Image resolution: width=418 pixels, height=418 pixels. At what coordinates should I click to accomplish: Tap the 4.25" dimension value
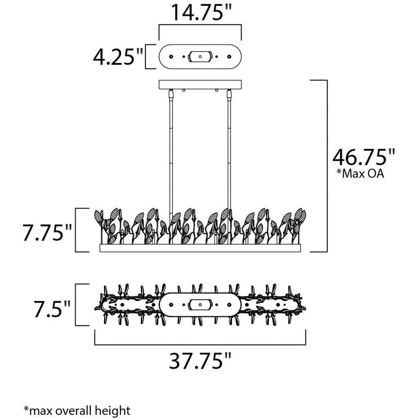(118, 56)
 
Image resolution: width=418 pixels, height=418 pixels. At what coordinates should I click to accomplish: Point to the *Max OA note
(360, 173)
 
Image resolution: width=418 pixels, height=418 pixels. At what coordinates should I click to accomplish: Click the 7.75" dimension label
(47, 232)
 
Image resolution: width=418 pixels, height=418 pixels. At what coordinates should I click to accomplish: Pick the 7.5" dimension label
(52, 309)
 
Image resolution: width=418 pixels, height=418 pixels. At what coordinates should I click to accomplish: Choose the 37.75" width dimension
(200, 361)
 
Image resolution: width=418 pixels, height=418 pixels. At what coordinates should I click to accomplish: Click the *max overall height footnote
(77, 410)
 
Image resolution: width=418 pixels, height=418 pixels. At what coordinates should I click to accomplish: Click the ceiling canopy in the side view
(200, 84)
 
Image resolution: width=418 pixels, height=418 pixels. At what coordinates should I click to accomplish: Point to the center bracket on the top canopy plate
(200, 56)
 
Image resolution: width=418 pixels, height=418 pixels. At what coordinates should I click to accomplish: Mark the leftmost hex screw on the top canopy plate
(171, 56)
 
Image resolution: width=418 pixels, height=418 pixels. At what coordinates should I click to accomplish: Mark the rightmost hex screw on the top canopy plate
(229, 56)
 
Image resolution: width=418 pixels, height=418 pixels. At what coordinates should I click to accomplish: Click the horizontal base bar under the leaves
(200, 248)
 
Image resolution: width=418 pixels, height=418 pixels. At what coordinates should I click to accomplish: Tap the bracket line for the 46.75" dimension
(327, 166)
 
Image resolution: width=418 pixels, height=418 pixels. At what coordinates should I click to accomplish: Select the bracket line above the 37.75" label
(200, 345)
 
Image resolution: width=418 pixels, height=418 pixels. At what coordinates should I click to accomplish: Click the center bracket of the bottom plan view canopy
(200, 304)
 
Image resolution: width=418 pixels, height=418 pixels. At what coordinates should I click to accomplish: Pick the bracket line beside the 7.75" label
(76, 230)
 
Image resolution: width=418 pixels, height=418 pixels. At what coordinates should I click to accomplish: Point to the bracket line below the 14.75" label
(200, 25)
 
